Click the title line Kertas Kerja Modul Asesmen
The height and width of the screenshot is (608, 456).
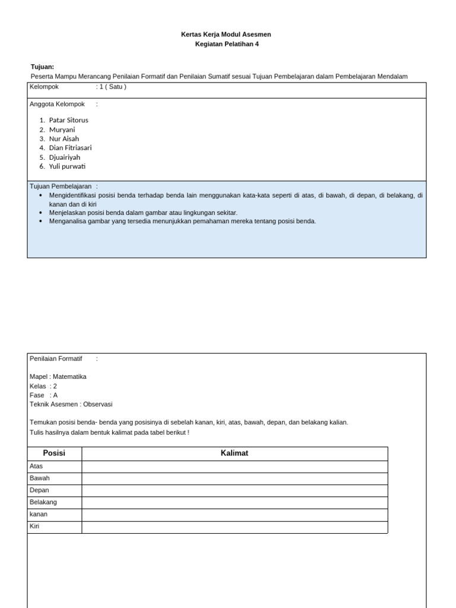point(226,34)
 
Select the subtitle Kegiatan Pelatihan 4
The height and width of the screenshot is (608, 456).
point(227,44)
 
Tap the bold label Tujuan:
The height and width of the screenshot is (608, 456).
point(42,66)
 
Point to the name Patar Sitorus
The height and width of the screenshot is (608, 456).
point(68,120)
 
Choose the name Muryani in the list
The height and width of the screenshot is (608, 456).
point(62,129)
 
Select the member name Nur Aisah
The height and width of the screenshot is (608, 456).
point(64,139)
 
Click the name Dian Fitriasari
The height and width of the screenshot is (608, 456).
point(70,148)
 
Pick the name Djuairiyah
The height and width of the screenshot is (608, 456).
point(65,157)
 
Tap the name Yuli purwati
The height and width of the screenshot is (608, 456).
point(67,166)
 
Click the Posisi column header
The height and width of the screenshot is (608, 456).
point(54,453)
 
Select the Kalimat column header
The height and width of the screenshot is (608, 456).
point(235,453)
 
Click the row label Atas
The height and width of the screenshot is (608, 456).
point(36,466)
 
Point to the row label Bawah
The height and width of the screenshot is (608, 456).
point(39,478)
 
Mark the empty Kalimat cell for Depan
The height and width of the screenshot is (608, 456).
point(235,490)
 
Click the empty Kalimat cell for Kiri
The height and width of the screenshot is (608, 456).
point(235,527)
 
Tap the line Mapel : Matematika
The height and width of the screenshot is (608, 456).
point(58,376)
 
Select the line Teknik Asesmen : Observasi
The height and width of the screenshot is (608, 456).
point(71,404)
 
